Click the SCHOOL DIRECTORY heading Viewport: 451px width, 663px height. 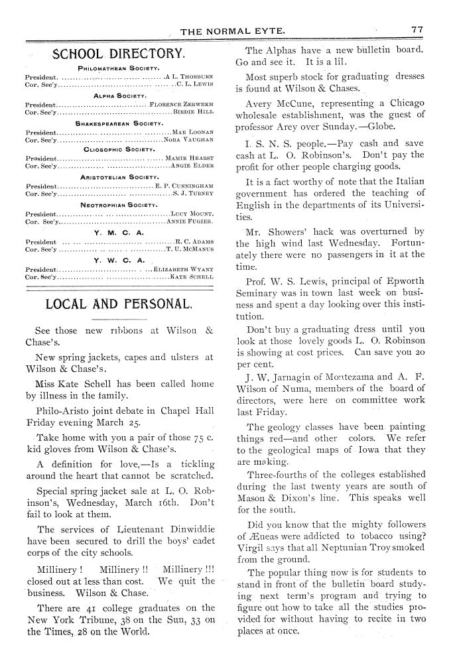click(118, 54)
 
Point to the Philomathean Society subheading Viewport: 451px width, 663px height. click(117, 68)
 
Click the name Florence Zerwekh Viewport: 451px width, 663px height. click(181, 105)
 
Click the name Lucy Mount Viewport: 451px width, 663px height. click(192, 214)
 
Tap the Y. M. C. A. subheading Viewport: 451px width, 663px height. click(119, 233)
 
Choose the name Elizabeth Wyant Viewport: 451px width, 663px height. click(184, 269)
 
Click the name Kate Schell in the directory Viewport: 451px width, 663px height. click(192, 277)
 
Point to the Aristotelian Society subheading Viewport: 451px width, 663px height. click(119, 178)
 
